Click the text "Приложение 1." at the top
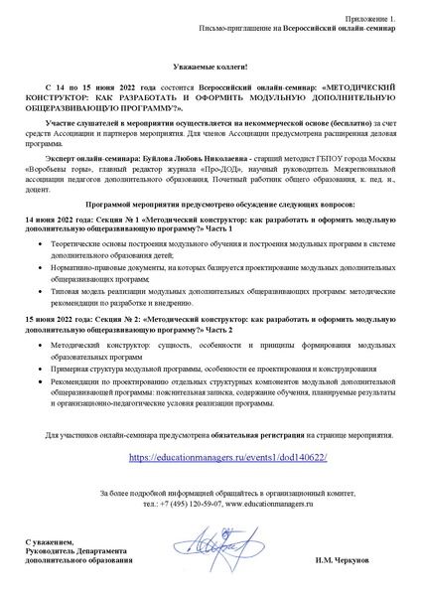370,19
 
